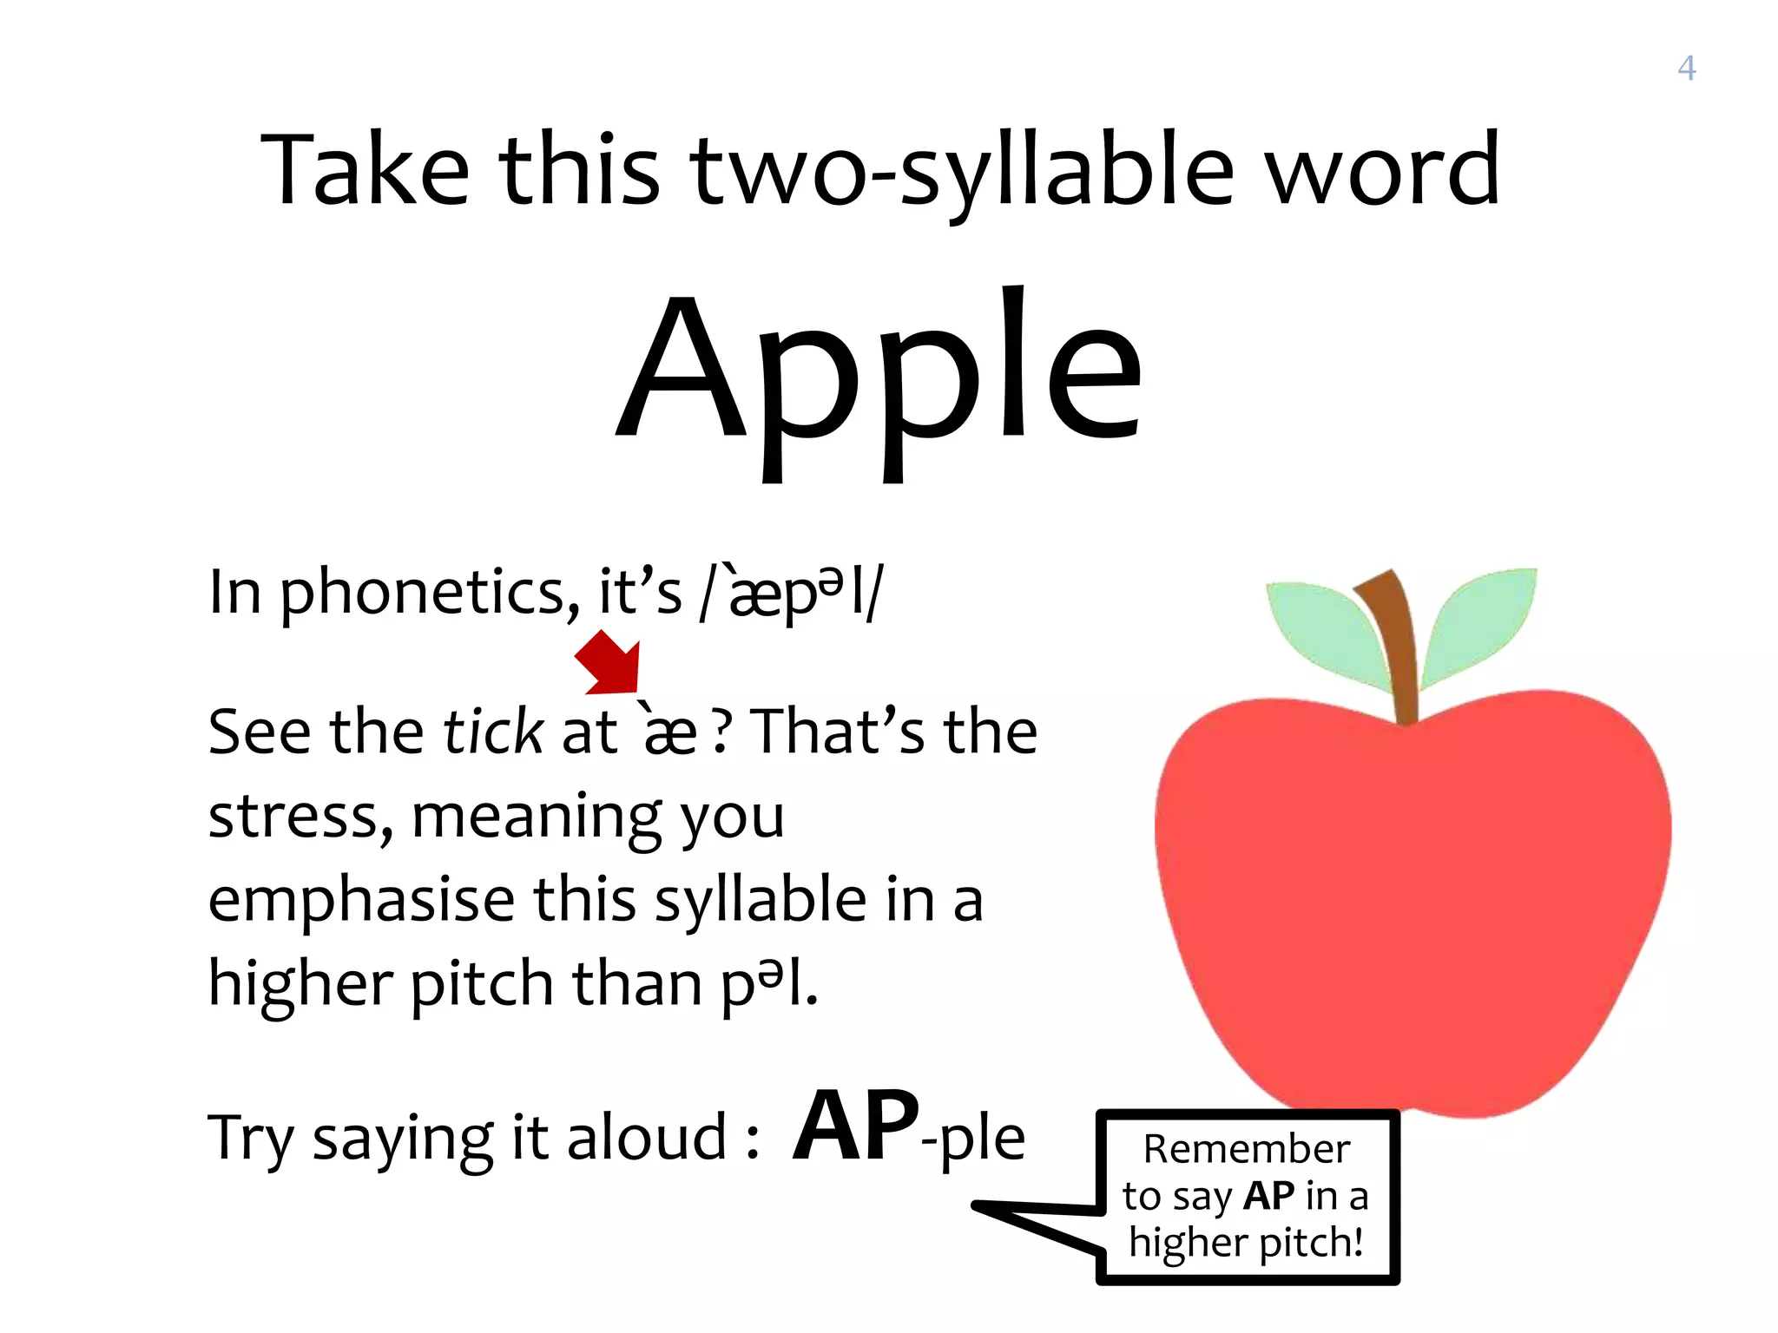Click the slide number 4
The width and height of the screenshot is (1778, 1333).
point(1686,68)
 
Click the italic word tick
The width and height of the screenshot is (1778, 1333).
point(493,732)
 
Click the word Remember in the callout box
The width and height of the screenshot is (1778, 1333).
point(1247,1149)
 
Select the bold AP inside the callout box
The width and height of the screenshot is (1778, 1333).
point(1268,1196)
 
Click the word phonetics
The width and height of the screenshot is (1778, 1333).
point(429,593)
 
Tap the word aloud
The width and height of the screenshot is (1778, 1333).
point(647,1137)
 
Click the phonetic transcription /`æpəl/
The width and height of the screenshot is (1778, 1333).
point(792,593)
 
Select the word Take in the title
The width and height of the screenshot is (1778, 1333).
point(365,171)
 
